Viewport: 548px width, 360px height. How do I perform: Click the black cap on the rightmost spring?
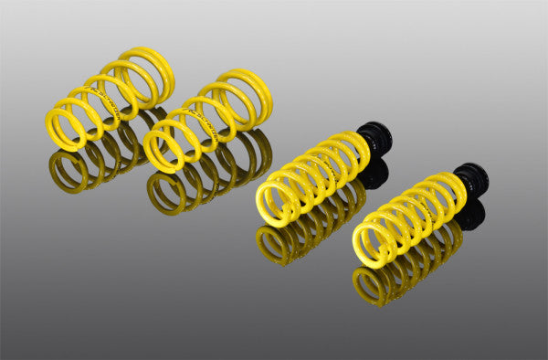471,177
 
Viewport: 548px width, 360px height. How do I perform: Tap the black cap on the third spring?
374,138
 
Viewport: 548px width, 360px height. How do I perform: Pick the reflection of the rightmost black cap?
469,216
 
